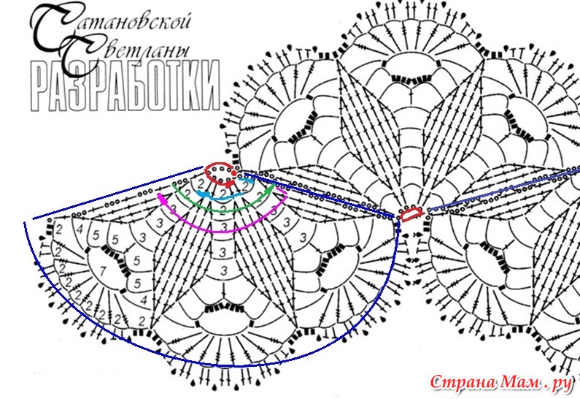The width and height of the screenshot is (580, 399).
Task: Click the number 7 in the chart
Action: point(102,271)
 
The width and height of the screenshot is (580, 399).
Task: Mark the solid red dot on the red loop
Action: point(234,173)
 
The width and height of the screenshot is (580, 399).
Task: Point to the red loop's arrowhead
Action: point(230,183)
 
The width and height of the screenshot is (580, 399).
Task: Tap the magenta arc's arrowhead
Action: point(161,197)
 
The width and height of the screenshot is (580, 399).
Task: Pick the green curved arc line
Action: point(222,211)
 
